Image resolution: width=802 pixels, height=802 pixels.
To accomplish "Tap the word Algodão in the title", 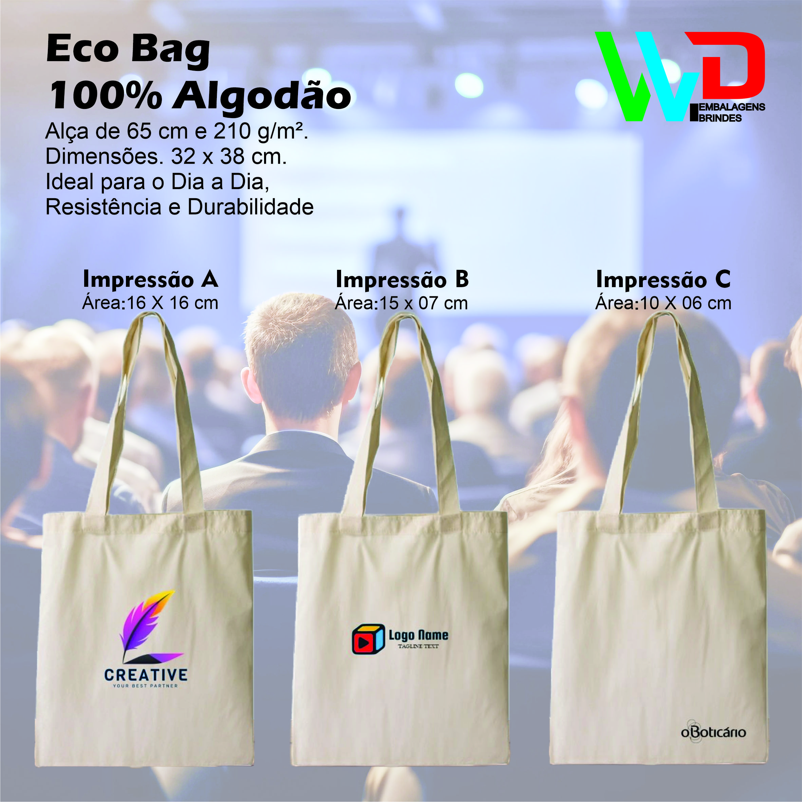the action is tap(262, 97).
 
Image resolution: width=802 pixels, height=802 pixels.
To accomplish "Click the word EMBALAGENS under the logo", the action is tap(732, 107).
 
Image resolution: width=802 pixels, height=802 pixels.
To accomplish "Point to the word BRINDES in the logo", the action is tap(720, 118).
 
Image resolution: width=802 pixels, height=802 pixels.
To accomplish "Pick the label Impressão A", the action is tap(151, 279).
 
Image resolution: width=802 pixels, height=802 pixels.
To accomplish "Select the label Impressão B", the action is tap(402, 279).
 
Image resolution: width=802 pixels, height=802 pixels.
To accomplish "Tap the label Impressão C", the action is tap(663, 279).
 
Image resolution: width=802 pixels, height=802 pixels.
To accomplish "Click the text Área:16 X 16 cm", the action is tap(150, 303).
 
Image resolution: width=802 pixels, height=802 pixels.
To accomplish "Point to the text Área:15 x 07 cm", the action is tap(402, 303).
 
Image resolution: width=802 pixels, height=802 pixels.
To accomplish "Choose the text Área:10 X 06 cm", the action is tap(663, 303).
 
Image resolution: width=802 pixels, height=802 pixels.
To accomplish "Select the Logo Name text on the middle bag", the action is tap(418, 635).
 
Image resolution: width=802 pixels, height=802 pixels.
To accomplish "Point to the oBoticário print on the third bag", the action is tap(713, 732).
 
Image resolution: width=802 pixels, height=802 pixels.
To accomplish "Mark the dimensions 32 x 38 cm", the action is tap(229, 157).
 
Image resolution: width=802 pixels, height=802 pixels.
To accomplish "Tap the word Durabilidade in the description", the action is tap(251, 207).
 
